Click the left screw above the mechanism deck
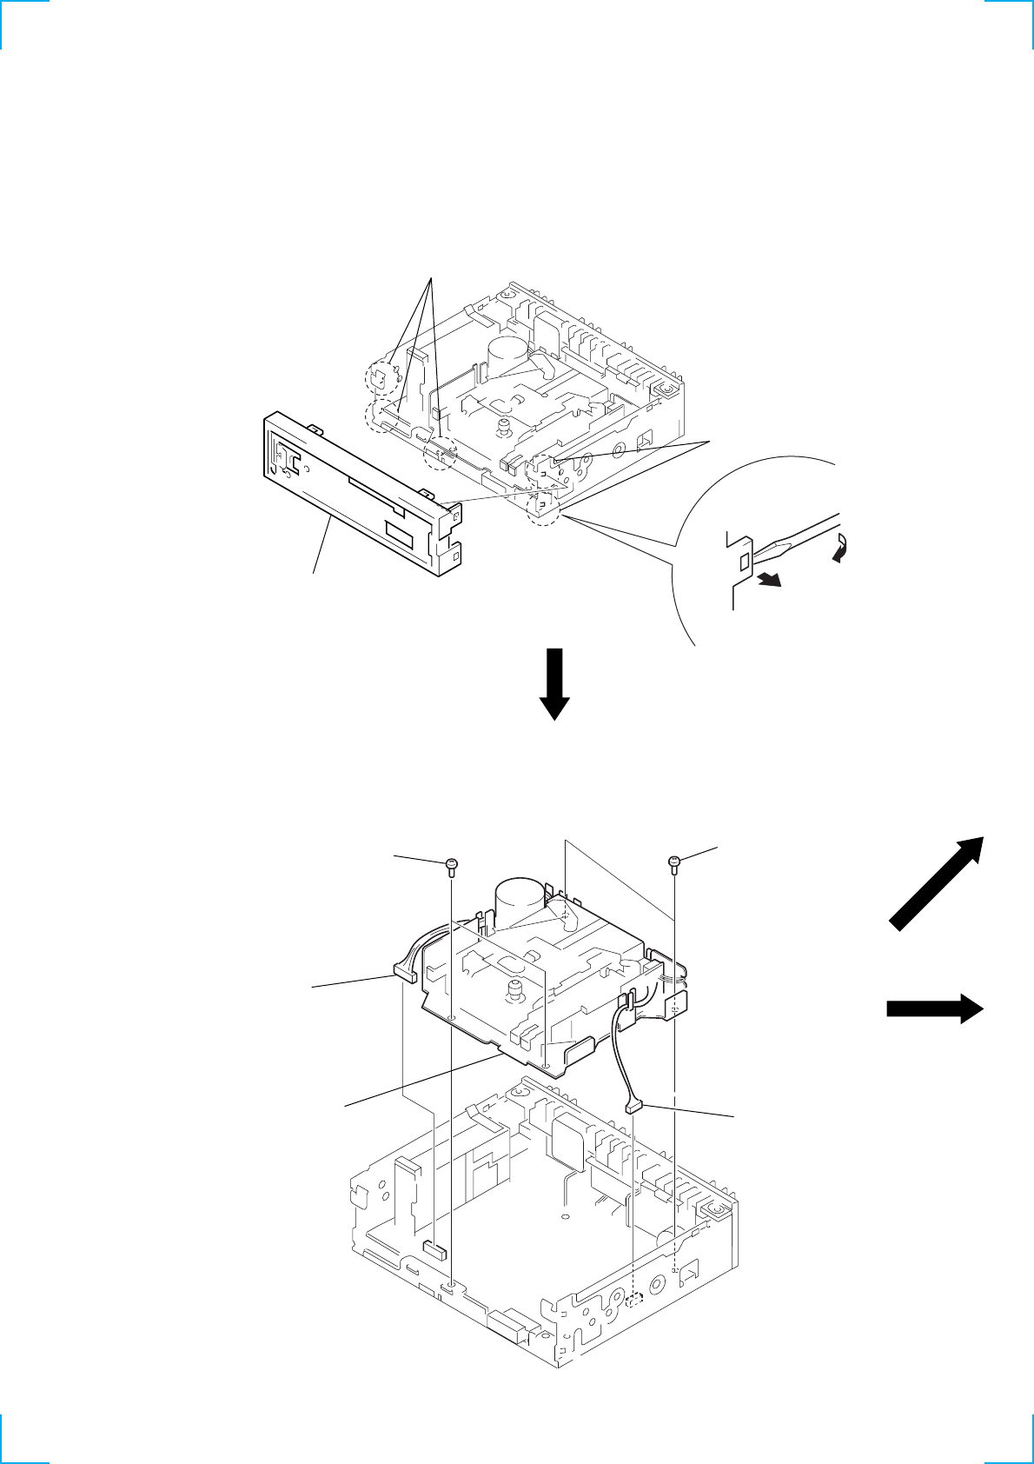451,864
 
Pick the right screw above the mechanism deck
674,862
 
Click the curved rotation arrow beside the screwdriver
840,549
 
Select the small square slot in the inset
743,562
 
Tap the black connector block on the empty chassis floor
434,1250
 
